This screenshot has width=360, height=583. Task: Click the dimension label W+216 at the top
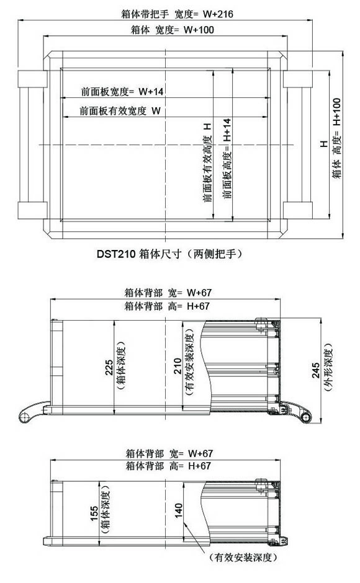218,14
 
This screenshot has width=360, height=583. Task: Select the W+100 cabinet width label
199,30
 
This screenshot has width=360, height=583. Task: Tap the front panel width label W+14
151,91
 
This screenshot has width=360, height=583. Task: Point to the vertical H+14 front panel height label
227,130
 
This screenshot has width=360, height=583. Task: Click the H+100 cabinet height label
336,112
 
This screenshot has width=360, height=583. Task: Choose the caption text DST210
116,254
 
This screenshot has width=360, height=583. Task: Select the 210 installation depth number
178,366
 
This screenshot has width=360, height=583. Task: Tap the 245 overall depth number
316,370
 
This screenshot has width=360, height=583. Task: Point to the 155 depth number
94,514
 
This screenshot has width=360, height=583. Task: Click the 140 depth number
179,510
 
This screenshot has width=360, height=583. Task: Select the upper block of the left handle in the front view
32,79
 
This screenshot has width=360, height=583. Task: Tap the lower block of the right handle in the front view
297,210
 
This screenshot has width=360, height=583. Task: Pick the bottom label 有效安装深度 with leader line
243,558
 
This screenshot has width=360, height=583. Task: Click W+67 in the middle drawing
199,293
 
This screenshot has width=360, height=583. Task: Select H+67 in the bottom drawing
199,466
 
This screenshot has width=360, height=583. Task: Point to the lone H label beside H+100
323,143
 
